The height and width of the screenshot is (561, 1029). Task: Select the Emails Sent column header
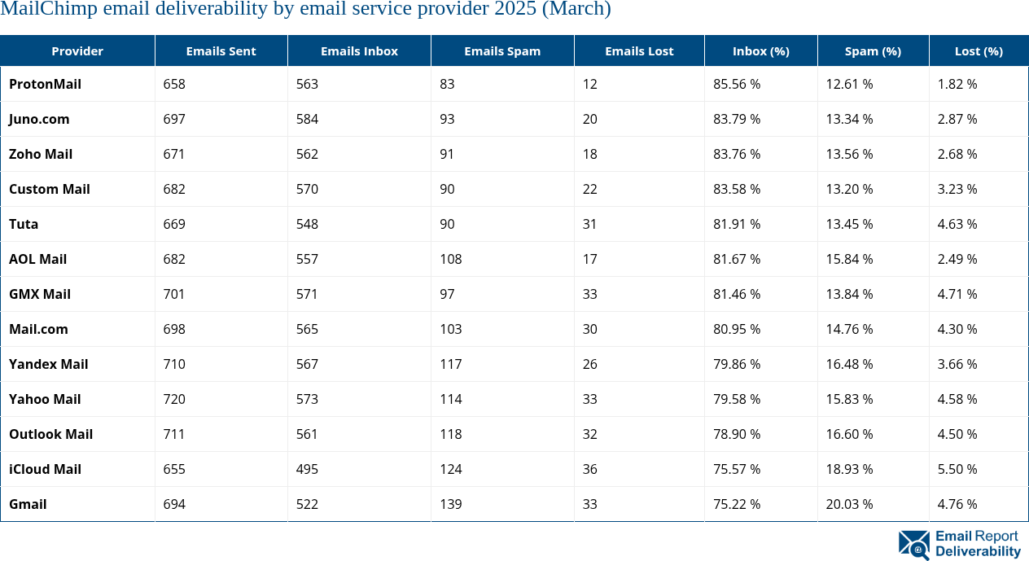pos(221,50)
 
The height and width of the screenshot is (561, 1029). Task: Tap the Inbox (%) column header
pos(760,50)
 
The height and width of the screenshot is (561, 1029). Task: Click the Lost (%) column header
pos(979,50)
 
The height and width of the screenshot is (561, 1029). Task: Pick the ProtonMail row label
pos(45,84)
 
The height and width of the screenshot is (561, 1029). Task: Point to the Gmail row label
pos(28,504)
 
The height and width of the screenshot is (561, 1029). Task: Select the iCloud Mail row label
pos(45,469)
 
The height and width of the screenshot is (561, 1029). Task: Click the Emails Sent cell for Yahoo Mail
pos(174,399)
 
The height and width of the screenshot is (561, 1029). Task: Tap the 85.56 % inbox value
pos(737,84)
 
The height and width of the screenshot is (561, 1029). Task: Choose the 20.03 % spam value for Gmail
pos(849,504)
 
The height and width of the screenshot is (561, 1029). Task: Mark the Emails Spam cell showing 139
pos(450,504)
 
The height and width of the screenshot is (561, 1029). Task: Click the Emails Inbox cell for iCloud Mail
pos(307,469)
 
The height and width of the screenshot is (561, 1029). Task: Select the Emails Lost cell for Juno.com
pos(589,119)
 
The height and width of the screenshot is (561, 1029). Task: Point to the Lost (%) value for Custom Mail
pos(957,189)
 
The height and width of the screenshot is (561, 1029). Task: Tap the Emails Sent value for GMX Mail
pos(174,294)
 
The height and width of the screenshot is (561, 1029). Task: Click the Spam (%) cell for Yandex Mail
pos(849,364)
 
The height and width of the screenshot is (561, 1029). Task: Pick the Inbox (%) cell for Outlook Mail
pos(737,434)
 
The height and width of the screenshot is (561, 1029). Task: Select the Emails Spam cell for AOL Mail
pos(450,259)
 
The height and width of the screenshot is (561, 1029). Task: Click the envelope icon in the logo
pos(913,545)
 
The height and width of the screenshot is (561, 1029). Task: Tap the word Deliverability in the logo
pos(978,552)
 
